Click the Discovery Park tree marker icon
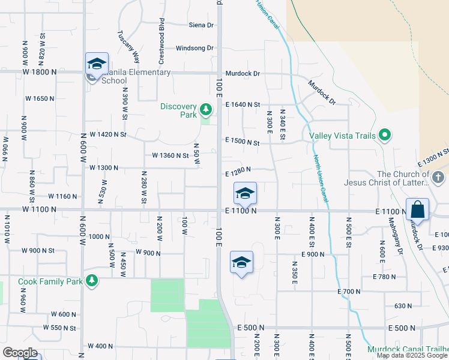[206, 109]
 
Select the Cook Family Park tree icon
[91, 281]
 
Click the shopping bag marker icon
[417, 210]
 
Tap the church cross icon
[438, 178]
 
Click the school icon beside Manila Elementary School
[96, 64]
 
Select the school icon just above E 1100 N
[244, 194]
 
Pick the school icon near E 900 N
[241, 263]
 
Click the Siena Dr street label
[201, 25]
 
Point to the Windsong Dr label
[194, 48]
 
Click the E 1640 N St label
[243, 104]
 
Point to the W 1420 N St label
[108, 134]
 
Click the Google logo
[20, 353]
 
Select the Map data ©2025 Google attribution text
[412, 356]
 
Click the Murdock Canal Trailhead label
[408, 349]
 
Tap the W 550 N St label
[59, 328]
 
